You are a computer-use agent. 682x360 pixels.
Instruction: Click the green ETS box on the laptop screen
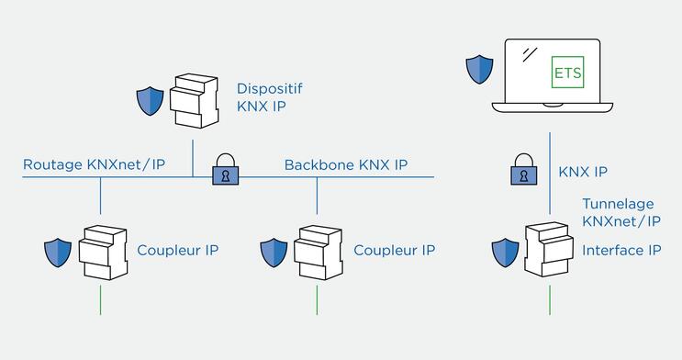(x=566, y=71)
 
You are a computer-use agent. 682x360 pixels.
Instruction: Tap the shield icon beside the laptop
(x=479, y=69)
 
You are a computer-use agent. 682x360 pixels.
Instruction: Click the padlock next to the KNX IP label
(x=523, y=172)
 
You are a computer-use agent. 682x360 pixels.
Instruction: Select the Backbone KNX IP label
(x=346, y=165)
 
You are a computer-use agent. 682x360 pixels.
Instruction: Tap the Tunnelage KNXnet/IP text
(x=621, y=212)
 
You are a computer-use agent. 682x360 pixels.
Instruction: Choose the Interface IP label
(x=621, y=250)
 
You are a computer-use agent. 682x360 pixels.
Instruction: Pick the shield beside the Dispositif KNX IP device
(x=149, y=100)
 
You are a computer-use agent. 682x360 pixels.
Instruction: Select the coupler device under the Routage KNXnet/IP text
(x=102, y=251)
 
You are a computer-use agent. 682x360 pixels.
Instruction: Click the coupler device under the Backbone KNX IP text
(x=318, y=251)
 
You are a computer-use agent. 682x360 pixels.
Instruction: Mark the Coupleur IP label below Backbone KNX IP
(x=394, y=250)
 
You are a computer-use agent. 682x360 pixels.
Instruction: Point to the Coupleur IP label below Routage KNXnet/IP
(x=177, y=250)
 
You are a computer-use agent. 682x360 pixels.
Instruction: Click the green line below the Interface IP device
(x=550, y=299)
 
